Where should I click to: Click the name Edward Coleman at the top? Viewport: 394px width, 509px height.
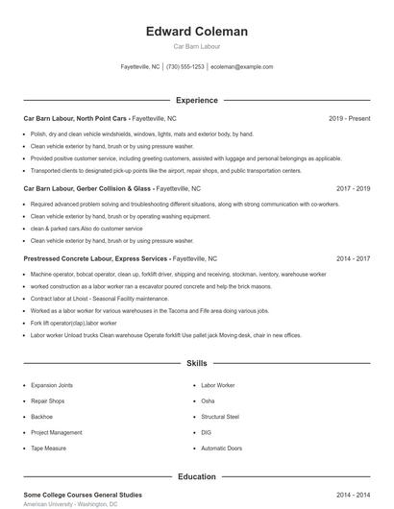[196, 32]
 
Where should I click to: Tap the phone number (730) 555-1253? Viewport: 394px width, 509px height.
[185, 67]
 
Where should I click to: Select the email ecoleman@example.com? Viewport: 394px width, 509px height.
[242, 67]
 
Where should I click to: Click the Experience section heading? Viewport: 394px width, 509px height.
[196, 100]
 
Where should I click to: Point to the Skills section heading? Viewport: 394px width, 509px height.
[196, 364]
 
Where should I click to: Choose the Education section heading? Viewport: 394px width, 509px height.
[196, 476]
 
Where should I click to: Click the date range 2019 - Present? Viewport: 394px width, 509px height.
[349, 118]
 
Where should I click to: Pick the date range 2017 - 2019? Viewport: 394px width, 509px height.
[353, 189]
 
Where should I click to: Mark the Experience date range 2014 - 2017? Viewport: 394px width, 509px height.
[353, 258]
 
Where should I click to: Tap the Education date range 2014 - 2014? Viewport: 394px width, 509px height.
[353, 495]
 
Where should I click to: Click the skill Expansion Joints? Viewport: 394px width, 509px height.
[52, 385]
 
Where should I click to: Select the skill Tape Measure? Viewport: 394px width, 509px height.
[48, 448]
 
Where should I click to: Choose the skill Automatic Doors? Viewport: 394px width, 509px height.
[222, 448]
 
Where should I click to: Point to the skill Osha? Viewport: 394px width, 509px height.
[208, 400]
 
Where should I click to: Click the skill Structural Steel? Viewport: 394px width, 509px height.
[220, 417]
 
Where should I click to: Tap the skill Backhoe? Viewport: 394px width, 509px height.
[42, 417]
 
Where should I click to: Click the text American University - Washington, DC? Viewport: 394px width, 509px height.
[70, 504]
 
